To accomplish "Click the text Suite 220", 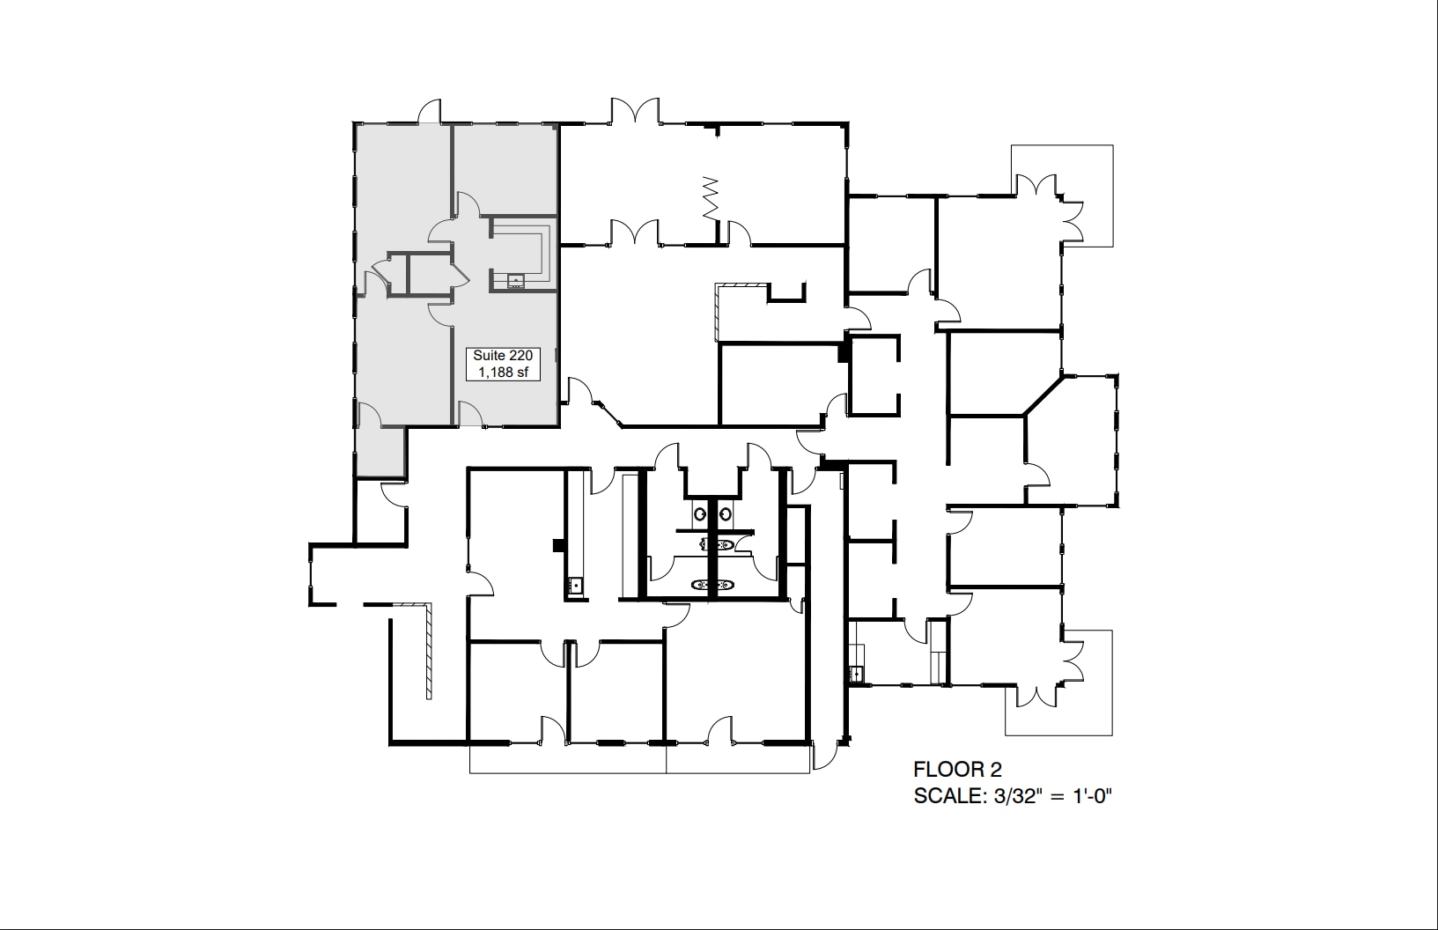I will [x=502, y=355].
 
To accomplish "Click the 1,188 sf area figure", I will [x=502, y=372].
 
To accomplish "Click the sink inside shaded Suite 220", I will [x=516, y=282].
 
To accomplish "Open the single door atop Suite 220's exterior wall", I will [x=429, y=113].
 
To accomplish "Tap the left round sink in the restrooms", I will [x=700, y=513].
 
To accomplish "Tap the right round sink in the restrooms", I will [x=726, y=513].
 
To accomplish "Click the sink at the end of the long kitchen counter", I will [x=576, y=585].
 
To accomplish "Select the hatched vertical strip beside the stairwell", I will [x=428, y=652].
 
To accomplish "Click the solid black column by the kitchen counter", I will [x=557, y=545].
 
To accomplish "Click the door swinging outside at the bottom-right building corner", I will [x=825, y=755].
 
